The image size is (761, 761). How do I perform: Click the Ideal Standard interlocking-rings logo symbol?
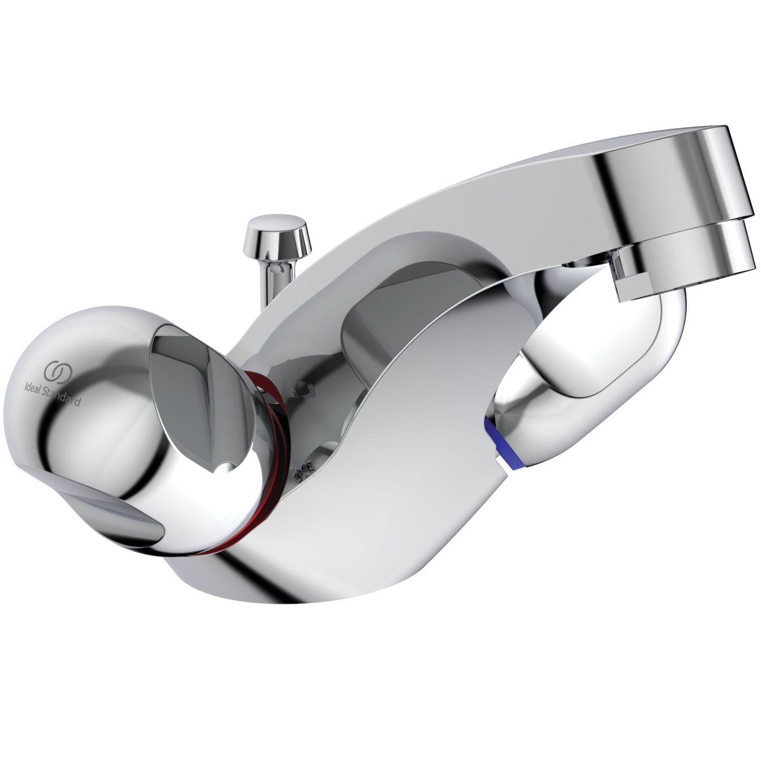coord(55,372)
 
